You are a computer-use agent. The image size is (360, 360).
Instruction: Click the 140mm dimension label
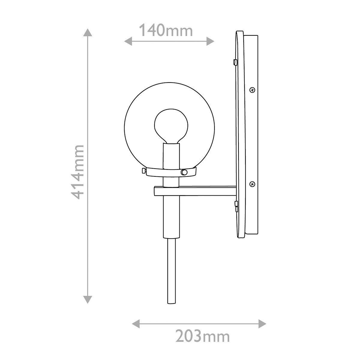pos(166,31)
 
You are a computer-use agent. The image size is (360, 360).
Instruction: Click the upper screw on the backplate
pos(253,89)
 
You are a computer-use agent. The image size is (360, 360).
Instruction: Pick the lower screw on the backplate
pos(253,183)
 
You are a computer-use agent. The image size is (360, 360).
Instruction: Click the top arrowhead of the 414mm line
pos(87,33)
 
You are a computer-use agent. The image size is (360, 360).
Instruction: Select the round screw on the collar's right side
pos(184,172)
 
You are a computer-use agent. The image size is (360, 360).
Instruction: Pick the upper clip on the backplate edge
pos(234,62)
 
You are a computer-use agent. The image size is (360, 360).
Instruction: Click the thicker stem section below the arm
pos(171,216)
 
